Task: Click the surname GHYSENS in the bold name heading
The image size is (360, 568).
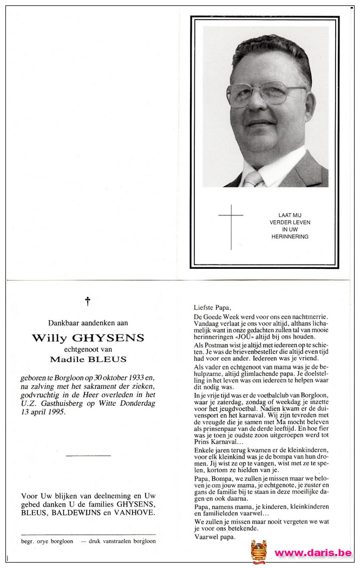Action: (114, 338)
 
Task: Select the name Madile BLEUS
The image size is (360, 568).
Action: (88, 359)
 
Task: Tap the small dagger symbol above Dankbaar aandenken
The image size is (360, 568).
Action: (88, 301)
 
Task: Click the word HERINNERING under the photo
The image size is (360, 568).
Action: (290, 236)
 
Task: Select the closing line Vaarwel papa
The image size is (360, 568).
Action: (213, 538)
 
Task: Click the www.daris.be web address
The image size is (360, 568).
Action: (312, 553)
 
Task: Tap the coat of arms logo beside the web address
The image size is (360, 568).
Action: (259, 552)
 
